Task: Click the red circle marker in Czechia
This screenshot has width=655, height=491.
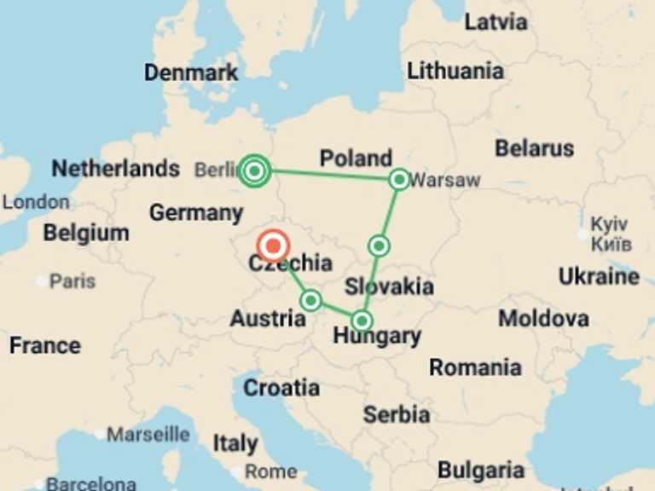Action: pyautogui.click(x=273, y=245)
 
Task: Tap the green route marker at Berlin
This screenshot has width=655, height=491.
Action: pyautogui.click(x=254, y=171)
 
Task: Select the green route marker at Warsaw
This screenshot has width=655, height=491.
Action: pyautogui.click(x=399, y=179)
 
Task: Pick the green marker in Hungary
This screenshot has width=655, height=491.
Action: pyautogui.click(x=362, y=321)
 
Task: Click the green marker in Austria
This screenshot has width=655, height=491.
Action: pyautogui.click(x=311, y=300)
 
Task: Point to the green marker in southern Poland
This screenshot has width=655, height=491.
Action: pyautogui.click(x=379, y=246)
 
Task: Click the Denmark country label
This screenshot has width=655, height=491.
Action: pyautogui.click(x=191, y=72)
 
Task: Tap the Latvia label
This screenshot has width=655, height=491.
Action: pyautogui.click(x=496, y=21)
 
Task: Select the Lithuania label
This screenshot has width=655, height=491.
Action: pyautogui.click(x=455, y=71)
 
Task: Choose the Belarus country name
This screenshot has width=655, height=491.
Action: pyautogui.click(x=535, y=148)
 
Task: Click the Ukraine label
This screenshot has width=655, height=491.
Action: pyautogui.click(x=599, y=276)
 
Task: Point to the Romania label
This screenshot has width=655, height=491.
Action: pyautogui.click(x=475, y=367)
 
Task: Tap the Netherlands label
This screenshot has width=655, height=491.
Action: pyautogui.click(x=115, y=168)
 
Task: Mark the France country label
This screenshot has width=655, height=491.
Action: pyautogui.click(x=45, y=345)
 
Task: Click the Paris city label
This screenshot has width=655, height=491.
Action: pyautogui.click(x=72, y=280)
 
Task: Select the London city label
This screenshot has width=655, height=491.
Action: pyautogui.click(x=35, y=202)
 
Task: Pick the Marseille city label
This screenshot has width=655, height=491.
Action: pyautogui.click(x=148, y=435)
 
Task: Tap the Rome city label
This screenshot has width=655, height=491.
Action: pyautogui.click(x=271, y=471)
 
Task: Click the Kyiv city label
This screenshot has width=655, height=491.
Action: pyautogui.click(x=610, y=224)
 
